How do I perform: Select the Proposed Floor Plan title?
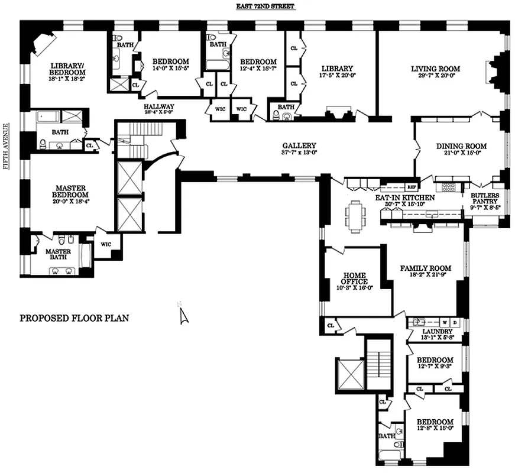[75, 318]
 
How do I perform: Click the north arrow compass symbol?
[183, 313]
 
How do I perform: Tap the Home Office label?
[354, 278]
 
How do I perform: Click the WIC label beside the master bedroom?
[106, 244]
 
